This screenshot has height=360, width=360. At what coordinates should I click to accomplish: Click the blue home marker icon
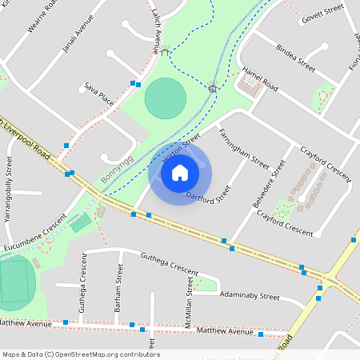(180, 173)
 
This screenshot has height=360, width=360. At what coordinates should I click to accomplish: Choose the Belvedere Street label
(269, 184)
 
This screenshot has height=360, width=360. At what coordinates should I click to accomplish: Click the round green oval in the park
(166, 98)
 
